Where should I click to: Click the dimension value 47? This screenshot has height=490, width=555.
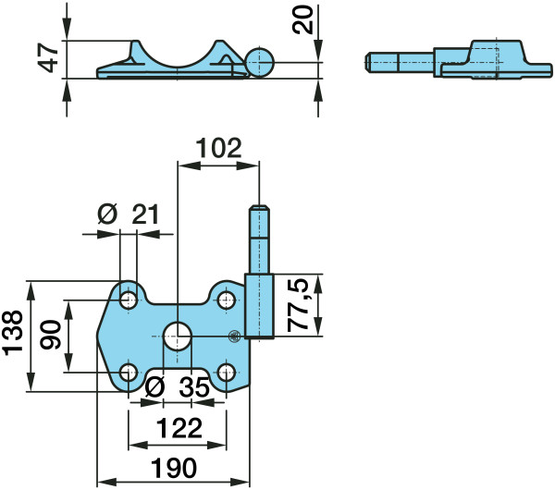pyautogui.click(x=48, y=57)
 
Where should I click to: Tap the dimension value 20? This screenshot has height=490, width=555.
pyautogui.click(x=303, y=20)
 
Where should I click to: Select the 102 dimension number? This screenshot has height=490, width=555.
pyautogui.click(x=218, y=148)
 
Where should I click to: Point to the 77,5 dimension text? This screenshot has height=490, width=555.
pyautogui.click(x=298, y=305)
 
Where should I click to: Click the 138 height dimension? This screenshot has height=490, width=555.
pyautogui.click(x=13, y=333)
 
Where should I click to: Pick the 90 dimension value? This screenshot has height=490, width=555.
pyautogui.click(x=50, y=335)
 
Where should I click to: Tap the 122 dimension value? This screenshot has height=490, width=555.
pyautogui.click(x=179, y=428)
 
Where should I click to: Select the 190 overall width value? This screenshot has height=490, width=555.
pyautogui.click(x=174, y=468)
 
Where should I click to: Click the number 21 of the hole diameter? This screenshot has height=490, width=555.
pyautogui.click(x=145, y=214)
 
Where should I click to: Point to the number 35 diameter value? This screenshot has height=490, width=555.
pyautogui.click(x=194, y=387)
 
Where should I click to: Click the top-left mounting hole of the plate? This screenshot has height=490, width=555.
pyautogui.click(x=129, y=300)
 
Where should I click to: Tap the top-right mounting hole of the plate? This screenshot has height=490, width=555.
pyautogui.click(x=227, y=300)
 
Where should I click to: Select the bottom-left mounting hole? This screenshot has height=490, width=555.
pyautogui.click(x=129, y=373)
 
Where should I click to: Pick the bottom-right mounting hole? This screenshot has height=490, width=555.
pyautogui.click(x=227, y=373)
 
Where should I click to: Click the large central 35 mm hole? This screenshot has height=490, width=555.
pyautogui.click(x=178, y=337)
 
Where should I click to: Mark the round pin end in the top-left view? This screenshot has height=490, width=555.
pyautogui.click(x=259, y=63)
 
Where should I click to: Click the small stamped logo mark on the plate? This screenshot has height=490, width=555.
pyautogui.click(x=234, y=337)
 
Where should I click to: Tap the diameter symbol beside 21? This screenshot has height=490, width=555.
pyautogui.click(x=107, y=214)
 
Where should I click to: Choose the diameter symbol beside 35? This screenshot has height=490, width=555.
pyautogui.click(x=155, y=387)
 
